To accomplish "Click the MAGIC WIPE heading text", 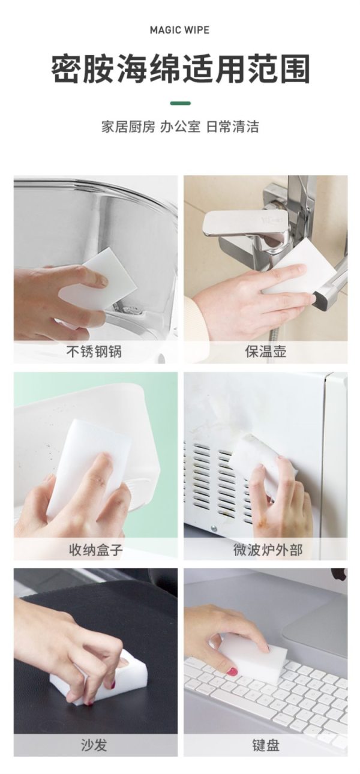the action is point(179,30).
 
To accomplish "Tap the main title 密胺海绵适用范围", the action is point(180,70).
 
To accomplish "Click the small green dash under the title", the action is point(181,103).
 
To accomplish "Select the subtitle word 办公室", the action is point(180,127).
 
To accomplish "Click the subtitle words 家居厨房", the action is point(128,127).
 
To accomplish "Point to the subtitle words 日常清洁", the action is point(232,127).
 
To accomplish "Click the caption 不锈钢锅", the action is point(94,352).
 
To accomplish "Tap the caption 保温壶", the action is point(266,352).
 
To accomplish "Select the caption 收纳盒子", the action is point(96,549).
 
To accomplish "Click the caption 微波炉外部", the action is point(268,549).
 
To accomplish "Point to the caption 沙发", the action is point(94,745).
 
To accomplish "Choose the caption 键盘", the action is point(266,745).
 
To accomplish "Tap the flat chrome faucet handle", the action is point(246,223).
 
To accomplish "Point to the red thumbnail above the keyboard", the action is point(232,671).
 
